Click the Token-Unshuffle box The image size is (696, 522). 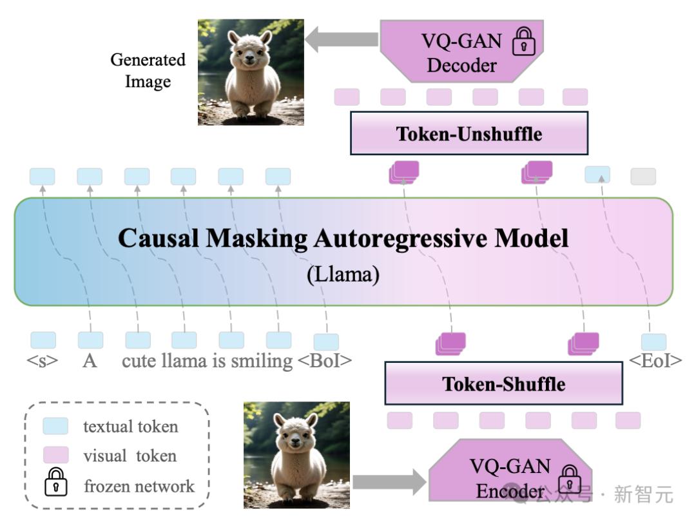coord(469,133)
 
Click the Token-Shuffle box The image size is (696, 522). coord(503,383)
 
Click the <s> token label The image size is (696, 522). coord(43,361)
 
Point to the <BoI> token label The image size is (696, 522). coord(325,361)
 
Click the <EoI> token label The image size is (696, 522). coord(655,361)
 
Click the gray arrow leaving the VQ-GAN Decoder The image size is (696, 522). coord(342,39)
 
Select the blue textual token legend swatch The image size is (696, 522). coord(55,426)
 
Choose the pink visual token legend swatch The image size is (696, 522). coord(55,455)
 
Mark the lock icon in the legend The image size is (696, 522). coord(55,484)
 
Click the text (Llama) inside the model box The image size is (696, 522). coord(343,275)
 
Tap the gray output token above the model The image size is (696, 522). coord(643,176)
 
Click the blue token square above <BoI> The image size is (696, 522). coord(325,341)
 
